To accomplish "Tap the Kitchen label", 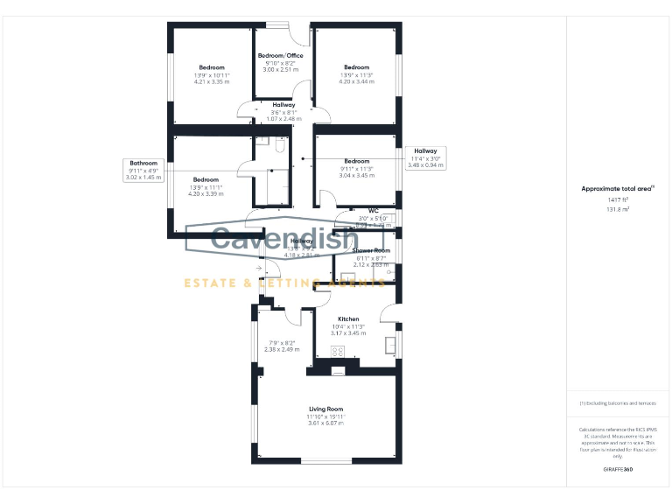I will pos(348,319).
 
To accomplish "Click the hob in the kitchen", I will pos(339,352).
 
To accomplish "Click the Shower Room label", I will pos(371,251).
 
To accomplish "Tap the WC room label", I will pos(373,211).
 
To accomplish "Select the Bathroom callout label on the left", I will pos(143,163).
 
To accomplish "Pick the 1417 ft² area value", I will pos(618,200).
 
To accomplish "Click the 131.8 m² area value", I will pos(618,210).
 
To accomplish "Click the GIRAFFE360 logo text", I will pos(618,470).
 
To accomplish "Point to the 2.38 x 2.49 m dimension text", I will pos(282,349).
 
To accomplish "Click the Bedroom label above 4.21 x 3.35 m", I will pos(211,67).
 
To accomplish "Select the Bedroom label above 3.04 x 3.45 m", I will pos(357,161).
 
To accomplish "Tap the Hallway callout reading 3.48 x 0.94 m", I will pos(427,164).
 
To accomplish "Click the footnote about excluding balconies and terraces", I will pos(618,403).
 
